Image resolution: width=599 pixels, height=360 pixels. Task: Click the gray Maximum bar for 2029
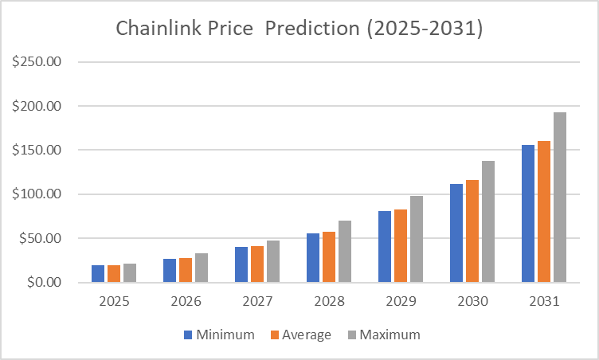pyautogui.click(x=417, y=239)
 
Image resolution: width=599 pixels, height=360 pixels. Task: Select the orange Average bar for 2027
pyautogui.click(x=257, y=264)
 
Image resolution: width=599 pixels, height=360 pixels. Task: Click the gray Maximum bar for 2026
pyautogui.click(x=202, y=268)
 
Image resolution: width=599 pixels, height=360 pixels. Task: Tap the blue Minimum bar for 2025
pyautogui.click(x=98, y=273)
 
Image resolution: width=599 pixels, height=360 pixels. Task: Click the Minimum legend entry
pyautogui.click(x=220, y=335)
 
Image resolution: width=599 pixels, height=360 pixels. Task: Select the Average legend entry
pyautogui.click(x=298, y=335)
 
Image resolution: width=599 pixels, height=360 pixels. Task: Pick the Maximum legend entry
pyautogui.click(x=382, y=335)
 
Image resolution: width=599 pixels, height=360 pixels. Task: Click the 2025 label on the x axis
pyautogui.click(x=114, y=302)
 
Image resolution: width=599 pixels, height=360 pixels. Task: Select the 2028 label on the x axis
pyautogui.click(x=329, y=302)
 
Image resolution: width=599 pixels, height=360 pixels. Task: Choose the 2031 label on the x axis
pyautogui.click(x=544, y=302)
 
